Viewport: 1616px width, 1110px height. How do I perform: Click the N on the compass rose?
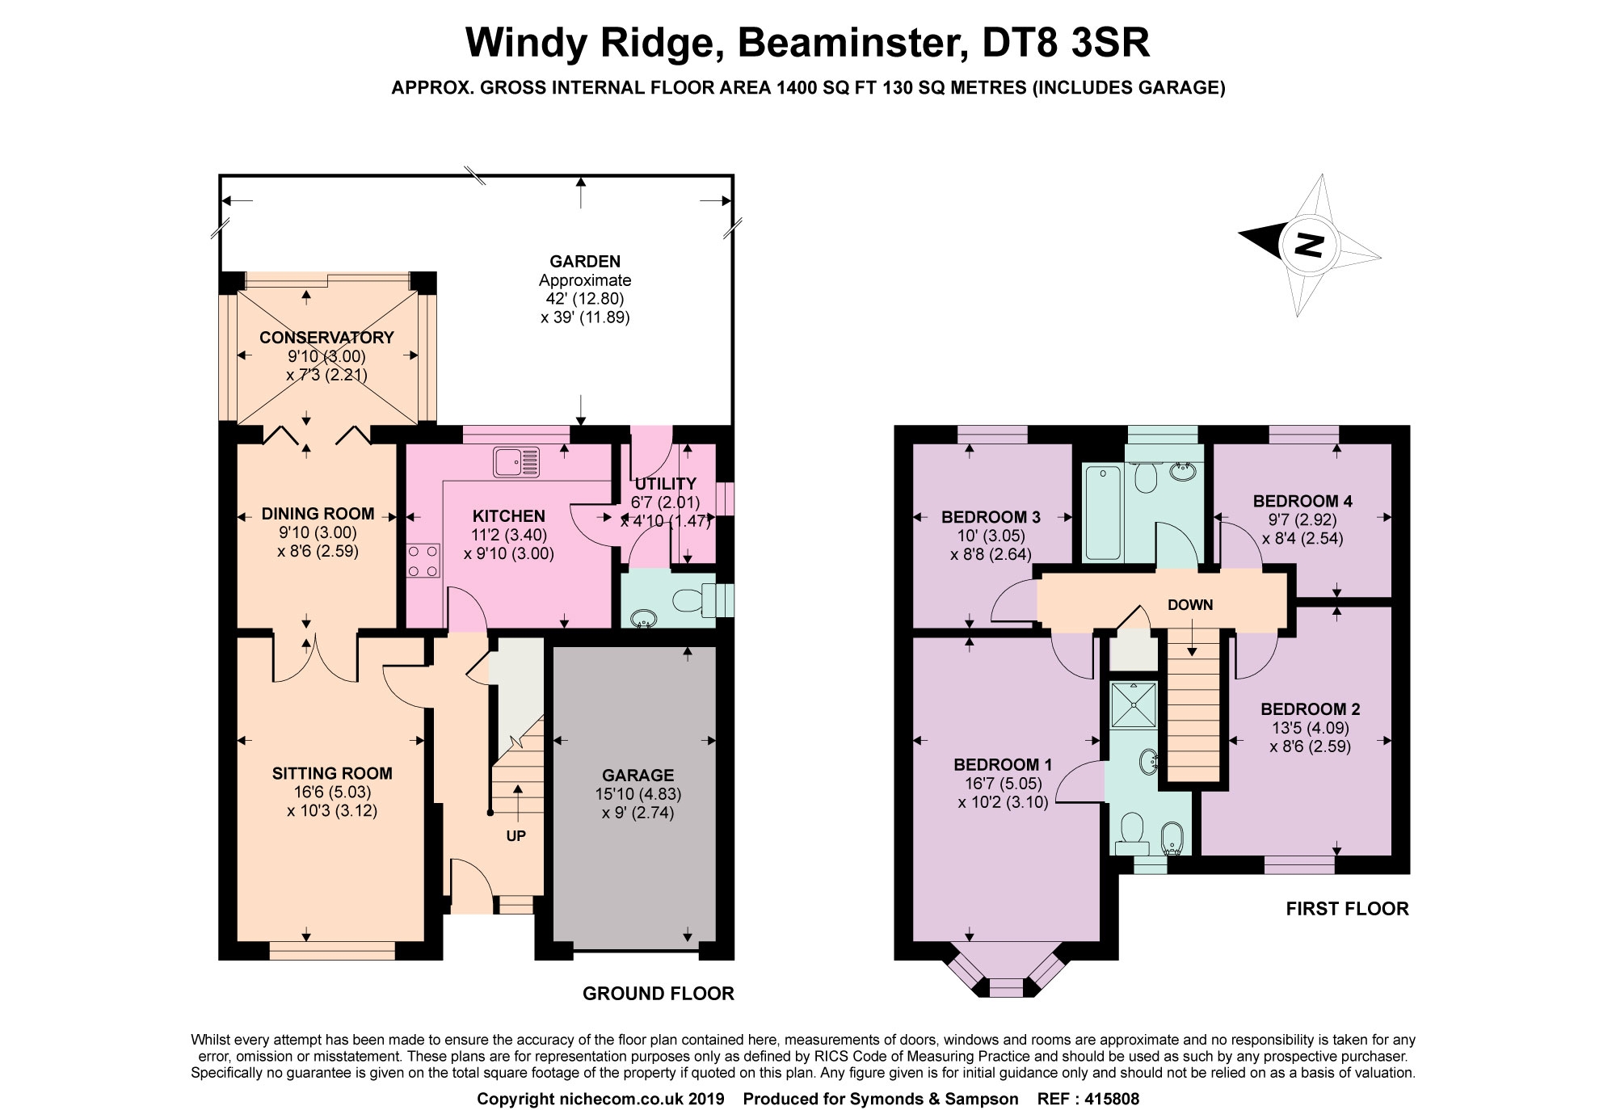(1309, 243)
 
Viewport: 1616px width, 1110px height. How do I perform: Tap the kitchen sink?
(516, 463)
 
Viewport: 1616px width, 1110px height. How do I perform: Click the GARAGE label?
(638, 776)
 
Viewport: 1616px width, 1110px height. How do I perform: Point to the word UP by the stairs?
(516, 836)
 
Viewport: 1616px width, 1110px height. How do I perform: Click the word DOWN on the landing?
(1189, 605)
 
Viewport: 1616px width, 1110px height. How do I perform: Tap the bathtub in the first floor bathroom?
(1102, 512)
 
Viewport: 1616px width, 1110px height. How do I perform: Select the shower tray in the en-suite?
(1134, 704)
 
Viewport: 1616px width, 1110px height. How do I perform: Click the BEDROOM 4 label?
(1302, 501)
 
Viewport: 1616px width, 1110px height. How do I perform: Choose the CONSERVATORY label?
(326, 338)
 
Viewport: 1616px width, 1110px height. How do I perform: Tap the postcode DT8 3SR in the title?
(1065, 43)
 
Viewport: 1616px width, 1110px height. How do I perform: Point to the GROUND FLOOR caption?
(659, 994)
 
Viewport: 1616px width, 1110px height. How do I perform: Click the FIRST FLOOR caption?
(1347, 909)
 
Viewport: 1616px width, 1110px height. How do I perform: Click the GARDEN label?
(585, 262)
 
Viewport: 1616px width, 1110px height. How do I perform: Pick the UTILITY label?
(665, 484)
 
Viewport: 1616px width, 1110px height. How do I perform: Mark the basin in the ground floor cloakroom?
(645, 619)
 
